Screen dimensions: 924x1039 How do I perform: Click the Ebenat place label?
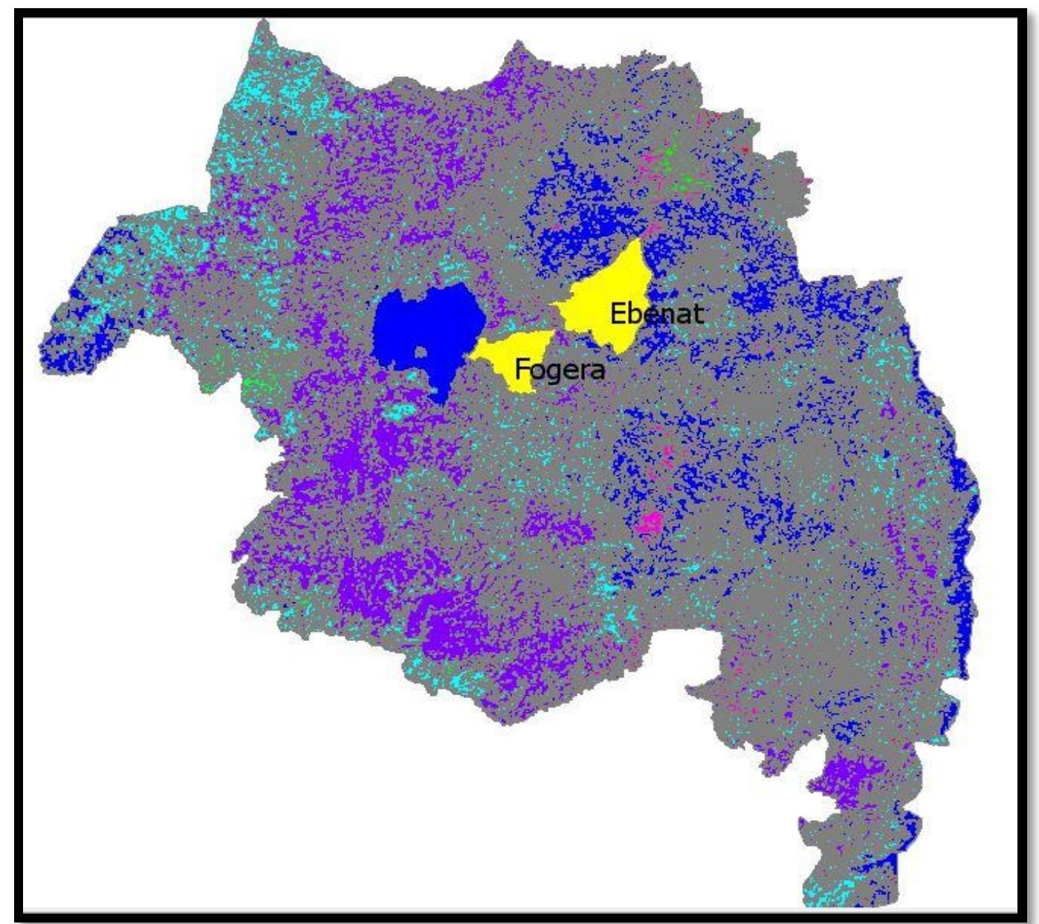coord(656,313)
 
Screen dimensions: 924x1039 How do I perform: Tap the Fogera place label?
coord(560,368)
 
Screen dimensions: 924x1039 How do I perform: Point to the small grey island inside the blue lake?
coord(421,353)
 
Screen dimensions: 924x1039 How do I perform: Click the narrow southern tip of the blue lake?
coord(442,397)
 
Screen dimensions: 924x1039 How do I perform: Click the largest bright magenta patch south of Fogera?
coord(650,524)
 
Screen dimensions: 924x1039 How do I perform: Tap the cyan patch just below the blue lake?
coord(401,411)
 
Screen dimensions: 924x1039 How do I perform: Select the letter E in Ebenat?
coord(618,313)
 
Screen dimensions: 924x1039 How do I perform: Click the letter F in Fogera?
coord(522,368)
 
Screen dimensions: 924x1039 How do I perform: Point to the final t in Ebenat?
coord(697,313)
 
